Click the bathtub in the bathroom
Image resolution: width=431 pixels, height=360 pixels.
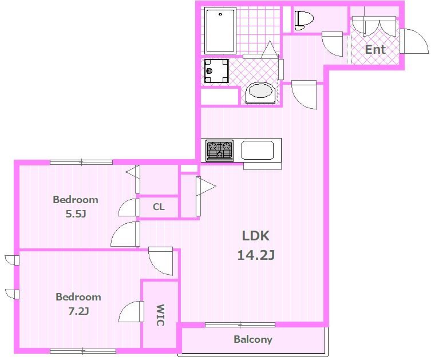click(x=220, y=30)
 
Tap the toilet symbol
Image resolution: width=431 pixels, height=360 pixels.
click(x=304, y=21)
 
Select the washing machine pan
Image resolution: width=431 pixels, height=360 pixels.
click(x=216, y=71)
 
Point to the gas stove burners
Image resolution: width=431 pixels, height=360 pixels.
click(x=220, y=151)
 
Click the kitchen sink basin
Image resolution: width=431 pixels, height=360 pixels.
click(x=258, y=150)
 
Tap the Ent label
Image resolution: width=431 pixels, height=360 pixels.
click(x=375, y=50)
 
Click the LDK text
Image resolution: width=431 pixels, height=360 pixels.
click(x=256, y=236)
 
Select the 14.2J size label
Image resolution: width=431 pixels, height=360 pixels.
click(x=256, y=255)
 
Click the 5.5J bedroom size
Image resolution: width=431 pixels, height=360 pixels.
click(x=76, y=214)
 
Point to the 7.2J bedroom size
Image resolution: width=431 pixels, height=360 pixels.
click(x=78, y=311)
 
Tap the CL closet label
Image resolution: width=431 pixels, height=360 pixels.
click(x=159, y=207)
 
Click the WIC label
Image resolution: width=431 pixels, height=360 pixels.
click(x=160, y=315)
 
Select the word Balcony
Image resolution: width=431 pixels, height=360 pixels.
click(x=253, y=339)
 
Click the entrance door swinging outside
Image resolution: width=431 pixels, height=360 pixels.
click(x=414, y=41)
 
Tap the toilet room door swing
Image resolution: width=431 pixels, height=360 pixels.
click(x=333, y=44)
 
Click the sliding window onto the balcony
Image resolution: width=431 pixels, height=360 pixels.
click(x=240, y=325)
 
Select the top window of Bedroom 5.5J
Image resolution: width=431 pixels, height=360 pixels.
click(x=81, y=162)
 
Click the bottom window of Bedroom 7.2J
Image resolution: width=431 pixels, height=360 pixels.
click(x=83, y=351)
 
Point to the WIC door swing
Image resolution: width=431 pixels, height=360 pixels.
click(x=132, y=311)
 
